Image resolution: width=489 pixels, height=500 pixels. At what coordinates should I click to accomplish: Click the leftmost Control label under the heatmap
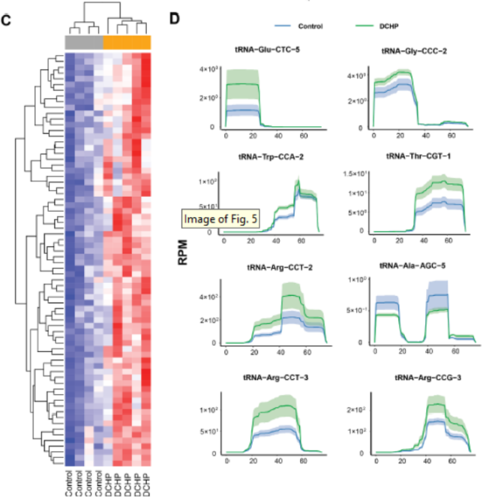point(69,480)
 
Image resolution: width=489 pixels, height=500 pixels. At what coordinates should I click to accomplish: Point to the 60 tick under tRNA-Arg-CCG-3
point(448,461)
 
